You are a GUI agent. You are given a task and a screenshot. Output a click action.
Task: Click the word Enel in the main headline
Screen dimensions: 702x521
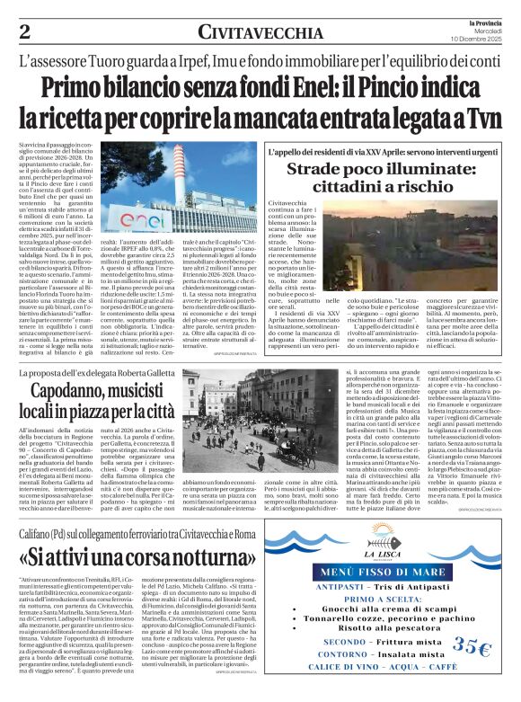coord(300,88)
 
